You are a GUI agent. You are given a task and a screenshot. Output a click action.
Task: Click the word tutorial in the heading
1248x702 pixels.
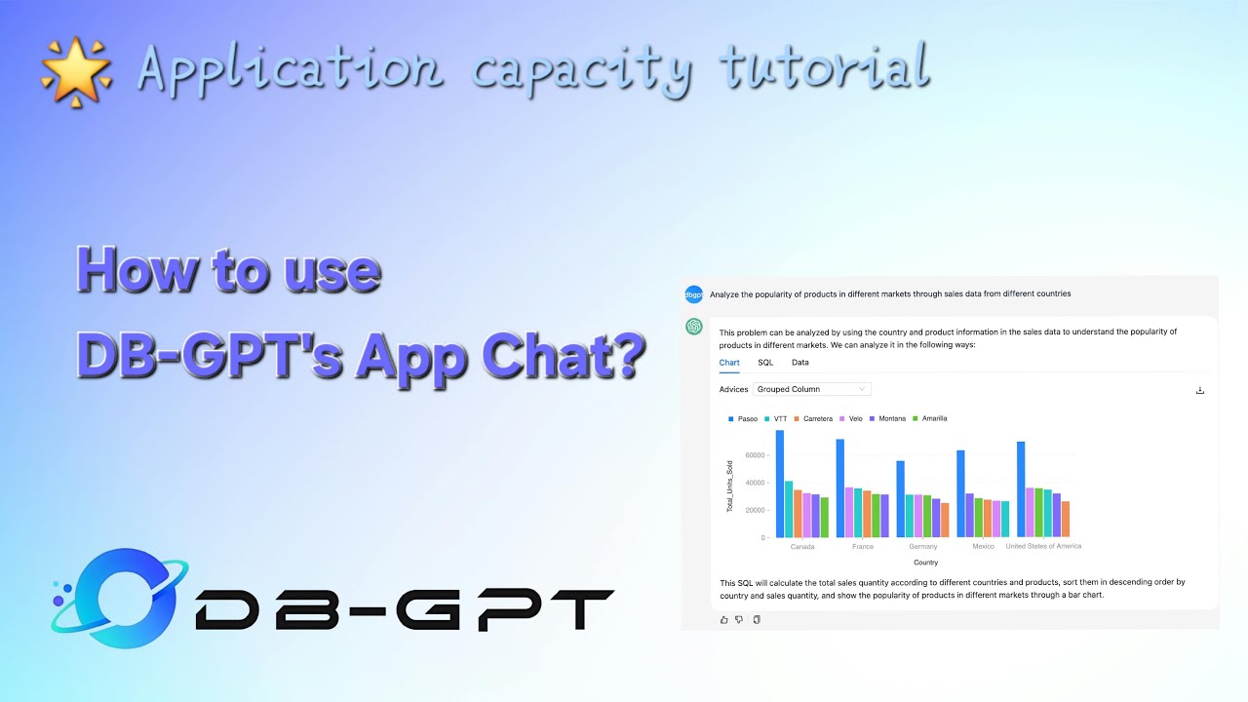[x=824, y=70]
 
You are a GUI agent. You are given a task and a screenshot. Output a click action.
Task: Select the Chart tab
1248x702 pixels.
[x=729, y=363]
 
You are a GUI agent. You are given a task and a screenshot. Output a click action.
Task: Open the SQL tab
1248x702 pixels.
[x=765, y=363]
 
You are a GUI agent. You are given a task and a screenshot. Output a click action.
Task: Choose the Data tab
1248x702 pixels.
[x=799, y=363]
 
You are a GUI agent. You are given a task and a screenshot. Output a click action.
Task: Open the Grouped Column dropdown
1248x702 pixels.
[x=811, y=389]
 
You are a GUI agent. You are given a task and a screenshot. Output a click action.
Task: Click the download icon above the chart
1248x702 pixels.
[x=1199, y=390]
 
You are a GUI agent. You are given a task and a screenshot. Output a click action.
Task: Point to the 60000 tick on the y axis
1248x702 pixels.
[x=755, y=455]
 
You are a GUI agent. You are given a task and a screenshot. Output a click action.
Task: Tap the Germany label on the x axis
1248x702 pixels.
[x=922, y=547]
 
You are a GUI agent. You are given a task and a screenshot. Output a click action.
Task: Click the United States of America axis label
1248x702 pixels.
[x=1043, y=547]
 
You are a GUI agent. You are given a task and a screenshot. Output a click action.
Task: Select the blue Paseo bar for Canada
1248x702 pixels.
[x=780, y=484]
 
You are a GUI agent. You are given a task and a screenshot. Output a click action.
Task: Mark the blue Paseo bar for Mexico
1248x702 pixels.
[x=960, y=493]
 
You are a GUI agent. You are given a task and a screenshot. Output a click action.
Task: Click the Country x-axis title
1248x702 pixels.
[x=925, y=563]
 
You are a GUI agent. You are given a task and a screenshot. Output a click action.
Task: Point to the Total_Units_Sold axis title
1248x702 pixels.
[x=729, y=486]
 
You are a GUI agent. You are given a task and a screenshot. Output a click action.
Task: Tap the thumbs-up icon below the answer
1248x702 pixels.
[x=723, y=619]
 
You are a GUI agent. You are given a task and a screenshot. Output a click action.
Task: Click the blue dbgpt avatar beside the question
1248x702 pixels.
[x=693, y=293]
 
